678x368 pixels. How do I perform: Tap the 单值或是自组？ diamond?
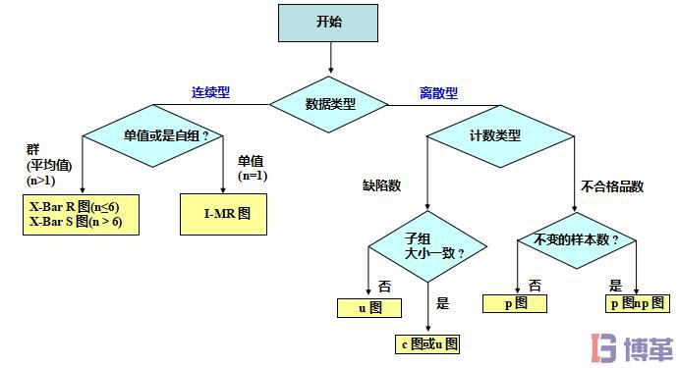point(154,136)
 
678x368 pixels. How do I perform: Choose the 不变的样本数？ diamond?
point(577,239)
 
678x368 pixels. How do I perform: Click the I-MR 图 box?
point(222,212)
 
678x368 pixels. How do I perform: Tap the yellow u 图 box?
point(368,308)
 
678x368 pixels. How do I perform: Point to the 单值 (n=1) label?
point(252,169)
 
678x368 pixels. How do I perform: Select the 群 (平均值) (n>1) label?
point(43,166)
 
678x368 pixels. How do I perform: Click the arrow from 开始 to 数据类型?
point(330,60)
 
